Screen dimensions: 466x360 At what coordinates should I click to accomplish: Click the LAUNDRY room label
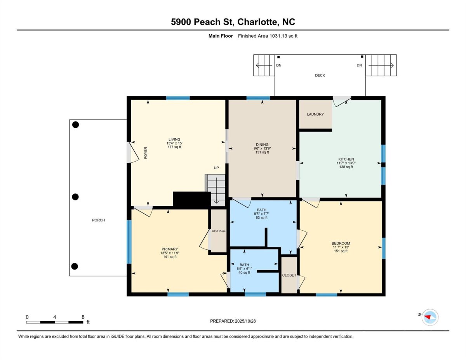315,114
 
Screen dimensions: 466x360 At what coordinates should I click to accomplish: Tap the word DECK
320,75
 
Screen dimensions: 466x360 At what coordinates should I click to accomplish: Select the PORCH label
98,220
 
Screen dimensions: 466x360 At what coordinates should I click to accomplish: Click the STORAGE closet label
219,231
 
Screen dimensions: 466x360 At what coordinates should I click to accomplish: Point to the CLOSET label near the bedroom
289,275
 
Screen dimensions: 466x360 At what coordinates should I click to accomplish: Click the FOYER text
146,153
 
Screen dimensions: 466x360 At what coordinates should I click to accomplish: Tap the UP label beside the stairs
216,168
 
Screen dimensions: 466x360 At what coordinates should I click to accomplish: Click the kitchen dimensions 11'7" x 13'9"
346,163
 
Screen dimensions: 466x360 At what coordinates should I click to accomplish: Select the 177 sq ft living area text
174,147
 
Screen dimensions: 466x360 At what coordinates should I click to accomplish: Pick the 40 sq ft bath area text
244,273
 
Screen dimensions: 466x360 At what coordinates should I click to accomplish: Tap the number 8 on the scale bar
83,317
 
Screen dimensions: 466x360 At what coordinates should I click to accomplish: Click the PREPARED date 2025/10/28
245,321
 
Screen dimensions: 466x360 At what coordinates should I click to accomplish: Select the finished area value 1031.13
278,36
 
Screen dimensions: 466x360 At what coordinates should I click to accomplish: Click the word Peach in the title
207,22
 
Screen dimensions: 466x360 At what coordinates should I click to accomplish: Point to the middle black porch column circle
75,197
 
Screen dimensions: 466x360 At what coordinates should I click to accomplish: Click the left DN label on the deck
279,65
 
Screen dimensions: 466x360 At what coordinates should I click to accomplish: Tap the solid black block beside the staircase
192,200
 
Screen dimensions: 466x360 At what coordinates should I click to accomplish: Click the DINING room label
262,144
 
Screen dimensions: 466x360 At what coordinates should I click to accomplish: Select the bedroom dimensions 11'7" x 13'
341,247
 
